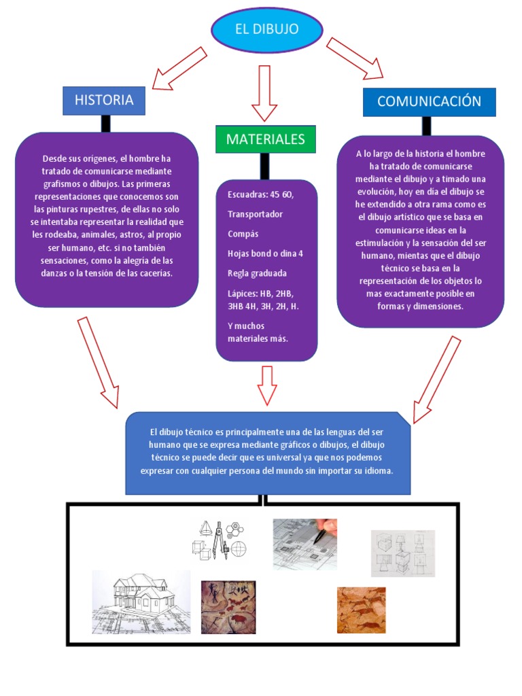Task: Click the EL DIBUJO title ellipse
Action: [x=266, y=31]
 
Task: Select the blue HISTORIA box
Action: [x=104, y=101]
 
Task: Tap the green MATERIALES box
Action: [x=266, y=139]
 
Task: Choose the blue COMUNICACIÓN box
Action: [x=429, y=102]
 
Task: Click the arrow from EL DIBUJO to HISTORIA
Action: [x=179, y=69]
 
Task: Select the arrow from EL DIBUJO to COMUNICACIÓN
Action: [x=354, y=59]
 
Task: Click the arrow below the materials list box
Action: [x=266, y=385]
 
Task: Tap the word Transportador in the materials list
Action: [x=255, y=214]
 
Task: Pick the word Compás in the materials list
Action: [x=242, y=234]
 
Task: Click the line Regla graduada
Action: [x=257, y=273]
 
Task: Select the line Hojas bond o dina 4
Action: [x=265, y=254]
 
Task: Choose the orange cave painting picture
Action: [x=361, y=610]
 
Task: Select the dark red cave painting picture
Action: [x=228, y=607]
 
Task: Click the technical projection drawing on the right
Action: [x=402, y=553]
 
